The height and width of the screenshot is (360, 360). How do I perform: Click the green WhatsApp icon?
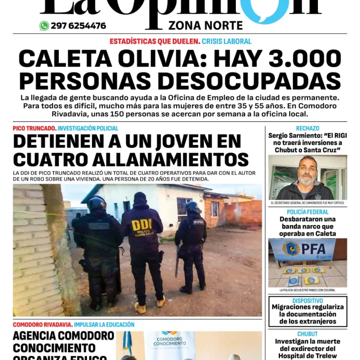pyautogui.click(x=44, y=26)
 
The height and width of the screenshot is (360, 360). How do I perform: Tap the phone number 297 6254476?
pyautogui.click(x=78, y=26)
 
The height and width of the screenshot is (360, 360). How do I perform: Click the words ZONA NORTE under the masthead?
pyautogui.click(x=205, y=26)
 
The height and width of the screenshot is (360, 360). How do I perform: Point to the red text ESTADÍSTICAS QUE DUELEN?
pyautogui.click(x=155, y=42)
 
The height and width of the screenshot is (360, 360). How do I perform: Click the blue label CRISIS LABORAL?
pyautogui.click(x=227, y=42)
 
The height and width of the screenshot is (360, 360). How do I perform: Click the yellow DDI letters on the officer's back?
pyautogui.click(x=142, y=225)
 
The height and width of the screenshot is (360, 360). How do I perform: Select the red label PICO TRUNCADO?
pyautogui.click(x=34, y=129)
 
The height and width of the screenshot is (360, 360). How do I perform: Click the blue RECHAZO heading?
pyautogui.click(x=308, y=129)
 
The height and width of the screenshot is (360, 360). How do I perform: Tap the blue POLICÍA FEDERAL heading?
pyautogui.click(x=308, y=212)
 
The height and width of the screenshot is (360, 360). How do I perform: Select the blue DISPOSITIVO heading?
pyautogui.click(x=308, y=300)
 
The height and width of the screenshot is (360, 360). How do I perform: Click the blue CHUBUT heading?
pyautogui.click(x=308, y=334)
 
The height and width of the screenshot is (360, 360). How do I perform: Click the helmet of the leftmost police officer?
pyautogui.click(x=96, y=203)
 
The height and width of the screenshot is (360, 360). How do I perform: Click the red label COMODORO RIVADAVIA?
pyautogui.click(x=43, y=325)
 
